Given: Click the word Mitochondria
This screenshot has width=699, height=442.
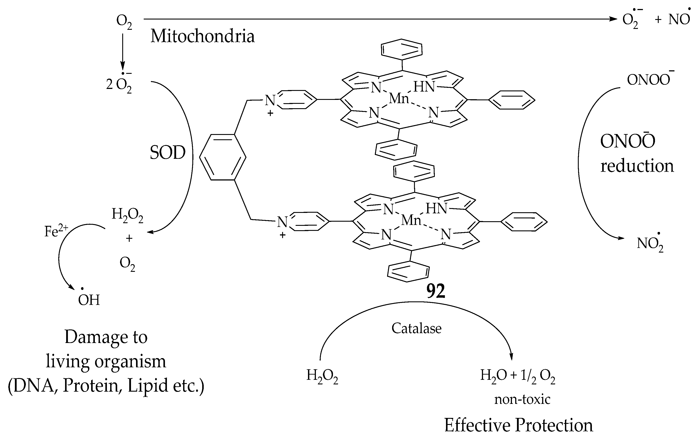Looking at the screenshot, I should [202, 37].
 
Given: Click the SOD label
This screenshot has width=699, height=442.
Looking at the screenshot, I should [168, 153].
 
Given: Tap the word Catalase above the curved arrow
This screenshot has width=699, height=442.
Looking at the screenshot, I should [416, 329].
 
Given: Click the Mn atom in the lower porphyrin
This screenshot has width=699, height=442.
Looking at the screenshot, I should [411, 220].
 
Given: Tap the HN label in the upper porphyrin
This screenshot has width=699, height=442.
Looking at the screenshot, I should [424, 87].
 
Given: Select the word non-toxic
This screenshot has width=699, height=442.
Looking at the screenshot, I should [522, 399].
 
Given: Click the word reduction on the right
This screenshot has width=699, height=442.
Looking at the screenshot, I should [637, 166].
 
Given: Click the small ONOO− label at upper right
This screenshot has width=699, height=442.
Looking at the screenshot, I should [649, 80].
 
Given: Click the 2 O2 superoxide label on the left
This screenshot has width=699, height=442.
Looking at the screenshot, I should [119, 85].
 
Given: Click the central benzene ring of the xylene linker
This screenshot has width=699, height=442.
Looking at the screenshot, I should [223, 157].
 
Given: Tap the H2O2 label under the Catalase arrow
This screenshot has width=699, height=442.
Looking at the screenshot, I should [322, 376].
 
